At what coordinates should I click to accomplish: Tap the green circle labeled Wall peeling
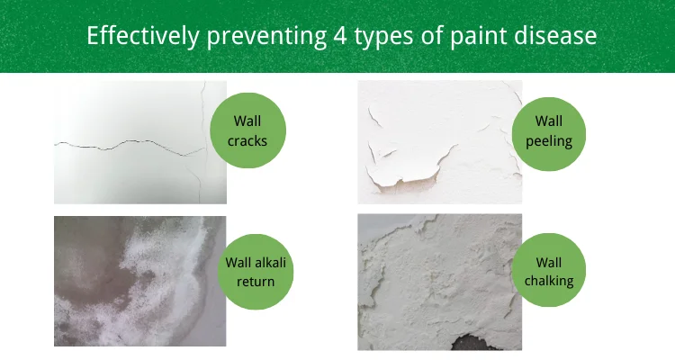[x=548, y=130]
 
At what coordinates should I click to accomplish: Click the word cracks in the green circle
[x=247, y=140]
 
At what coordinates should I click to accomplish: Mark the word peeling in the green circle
[x=548, y=140]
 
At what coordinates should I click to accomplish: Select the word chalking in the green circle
[x=548, y=282]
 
